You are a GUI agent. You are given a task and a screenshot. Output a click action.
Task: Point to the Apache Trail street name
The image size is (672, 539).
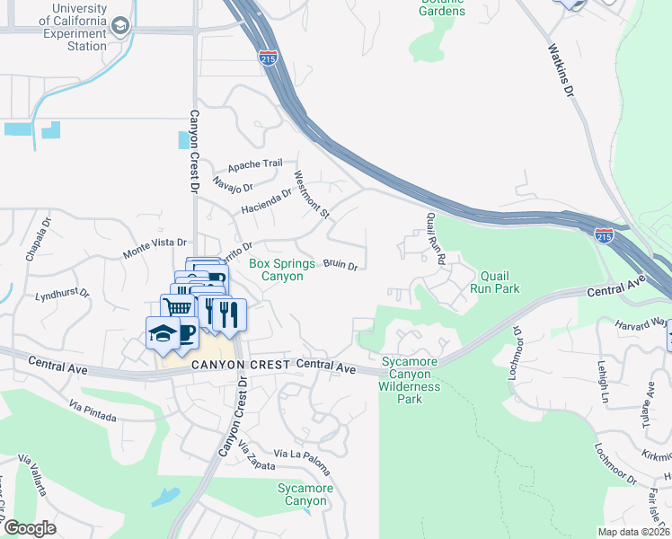coord(255,165)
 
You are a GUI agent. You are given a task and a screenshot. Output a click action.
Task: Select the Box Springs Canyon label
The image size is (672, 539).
coord(281,269)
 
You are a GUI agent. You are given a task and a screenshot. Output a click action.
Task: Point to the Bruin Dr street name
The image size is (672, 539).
coord(340,265)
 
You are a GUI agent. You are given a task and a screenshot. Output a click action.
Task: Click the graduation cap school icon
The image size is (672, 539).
coord(162,332)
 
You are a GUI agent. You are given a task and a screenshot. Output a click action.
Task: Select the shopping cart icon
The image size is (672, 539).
coord(178,307)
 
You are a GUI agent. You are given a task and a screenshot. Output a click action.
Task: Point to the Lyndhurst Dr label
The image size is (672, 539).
coord(62,295)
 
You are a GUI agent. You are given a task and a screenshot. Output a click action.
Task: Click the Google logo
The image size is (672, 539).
coord(31,528)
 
